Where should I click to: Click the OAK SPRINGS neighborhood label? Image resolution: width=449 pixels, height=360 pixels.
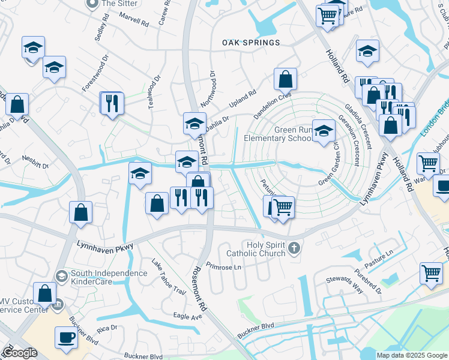(x=251, y=43)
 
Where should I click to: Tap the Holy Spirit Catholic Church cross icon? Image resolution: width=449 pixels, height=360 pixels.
(x=294, y=248)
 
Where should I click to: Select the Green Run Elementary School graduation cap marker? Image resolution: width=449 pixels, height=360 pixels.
(x=324, y=131)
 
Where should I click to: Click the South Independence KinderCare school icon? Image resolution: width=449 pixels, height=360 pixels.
(x=61, y=275)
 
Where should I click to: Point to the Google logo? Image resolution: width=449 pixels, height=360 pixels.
(x=20, y=353)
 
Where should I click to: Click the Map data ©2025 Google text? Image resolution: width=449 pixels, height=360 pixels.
(x=411, y=355)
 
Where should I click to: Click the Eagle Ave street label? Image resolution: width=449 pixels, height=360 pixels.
(x=187, y=316)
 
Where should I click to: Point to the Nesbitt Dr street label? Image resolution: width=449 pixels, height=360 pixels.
(x=35, y=164)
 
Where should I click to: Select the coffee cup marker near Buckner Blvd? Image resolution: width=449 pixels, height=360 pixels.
(x=66, y=337)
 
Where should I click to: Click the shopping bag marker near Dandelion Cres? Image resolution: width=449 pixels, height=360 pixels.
(x=285, y=78)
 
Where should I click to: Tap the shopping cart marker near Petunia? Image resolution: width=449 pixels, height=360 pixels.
(x=283, y=207)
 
